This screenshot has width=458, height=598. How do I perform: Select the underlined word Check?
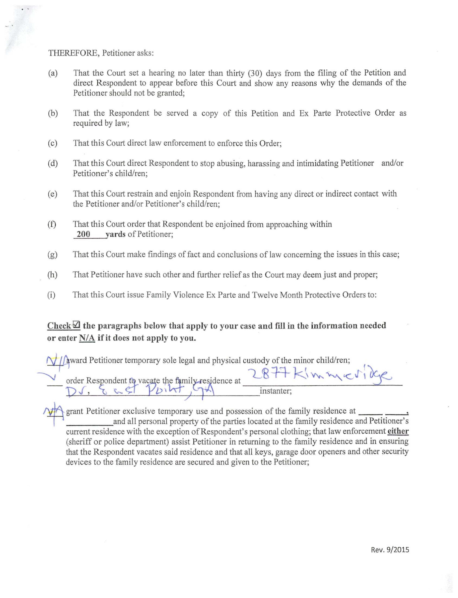(59, 326)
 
